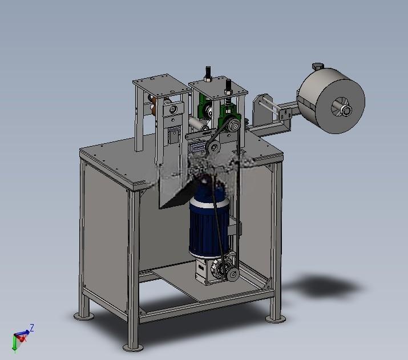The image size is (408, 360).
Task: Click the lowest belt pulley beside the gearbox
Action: pos(233,274)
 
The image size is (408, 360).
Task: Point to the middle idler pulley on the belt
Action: pos(214,148)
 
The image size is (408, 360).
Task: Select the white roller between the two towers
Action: pos(198,124)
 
